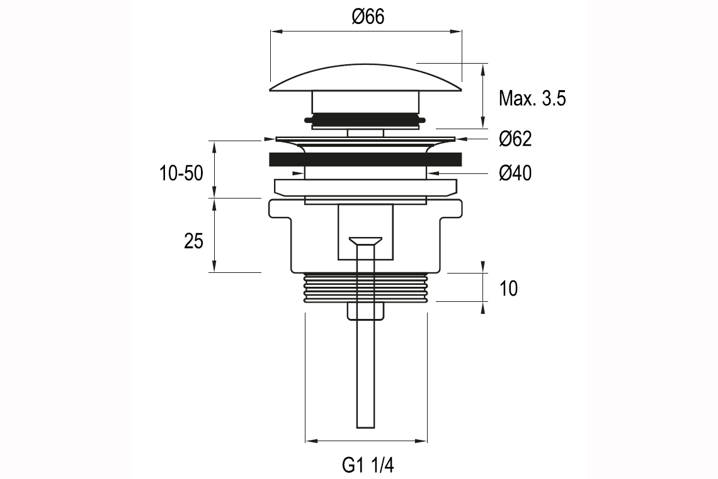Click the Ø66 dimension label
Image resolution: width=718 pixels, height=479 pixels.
(368, 17)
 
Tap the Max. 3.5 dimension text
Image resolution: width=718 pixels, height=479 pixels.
(532, 98)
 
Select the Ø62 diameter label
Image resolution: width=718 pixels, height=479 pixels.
(515, 139)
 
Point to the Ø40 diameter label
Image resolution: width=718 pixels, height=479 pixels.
(515, 173)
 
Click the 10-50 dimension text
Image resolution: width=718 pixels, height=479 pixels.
(181, 173)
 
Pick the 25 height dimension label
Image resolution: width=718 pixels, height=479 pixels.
(193, 241)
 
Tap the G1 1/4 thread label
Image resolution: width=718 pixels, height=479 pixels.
(368, 465)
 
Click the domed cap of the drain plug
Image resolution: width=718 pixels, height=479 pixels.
(366, 79)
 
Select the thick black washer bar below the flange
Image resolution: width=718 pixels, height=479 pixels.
(366, 159)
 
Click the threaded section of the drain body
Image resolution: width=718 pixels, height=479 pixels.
(366, 288)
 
